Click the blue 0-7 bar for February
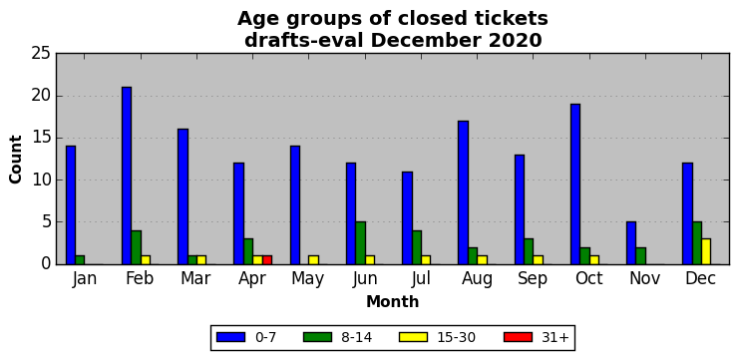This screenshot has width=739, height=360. coord(127,176)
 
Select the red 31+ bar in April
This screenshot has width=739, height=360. coord(266,260)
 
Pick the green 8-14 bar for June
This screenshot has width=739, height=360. coord(360,243)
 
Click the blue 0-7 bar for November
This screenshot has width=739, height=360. coord(631,243)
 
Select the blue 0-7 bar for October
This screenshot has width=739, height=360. coord(575,184)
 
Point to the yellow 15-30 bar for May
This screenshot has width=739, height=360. coord(313,260)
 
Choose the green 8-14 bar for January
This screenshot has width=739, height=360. coord(80,260)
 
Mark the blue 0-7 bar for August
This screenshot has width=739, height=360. coord(463,192)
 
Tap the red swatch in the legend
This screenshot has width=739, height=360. coord(518,337)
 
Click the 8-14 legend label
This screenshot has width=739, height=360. coord(356,337)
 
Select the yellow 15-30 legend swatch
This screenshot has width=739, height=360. coord(413,337)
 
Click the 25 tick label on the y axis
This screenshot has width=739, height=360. coord(41,54)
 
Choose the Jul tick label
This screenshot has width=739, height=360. coord(421,278)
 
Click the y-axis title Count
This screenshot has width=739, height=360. coord(16,160)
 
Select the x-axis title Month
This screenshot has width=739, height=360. coord(393,301)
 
